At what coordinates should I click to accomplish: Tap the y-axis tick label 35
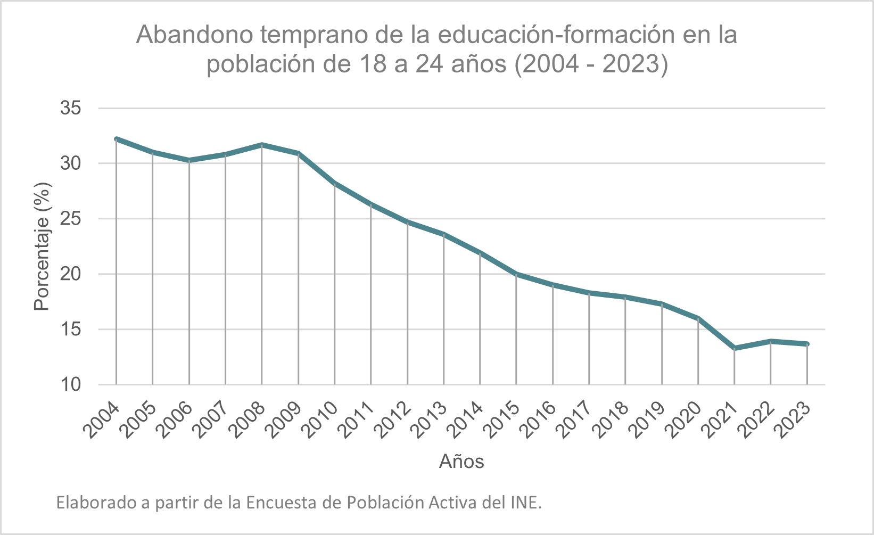click(71, 108)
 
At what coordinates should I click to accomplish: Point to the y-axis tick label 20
click(71, 274)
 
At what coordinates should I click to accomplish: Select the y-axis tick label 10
click(71, 385)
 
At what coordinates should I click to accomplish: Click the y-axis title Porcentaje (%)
click(42, 246)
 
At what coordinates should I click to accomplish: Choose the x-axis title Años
click(461, 461)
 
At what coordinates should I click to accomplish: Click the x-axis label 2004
click(102, 421)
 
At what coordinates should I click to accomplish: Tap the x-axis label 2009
click(284, 421)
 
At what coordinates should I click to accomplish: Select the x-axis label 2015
click(502, 421)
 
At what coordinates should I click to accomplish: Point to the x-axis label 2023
click(793, 421)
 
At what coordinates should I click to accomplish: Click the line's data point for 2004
click(116, 139)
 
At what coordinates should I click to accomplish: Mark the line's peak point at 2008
click(262, 145)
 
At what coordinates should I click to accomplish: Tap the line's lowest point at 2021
click(735, 348)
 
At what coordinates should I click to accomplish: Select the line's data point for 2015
click(516, 274)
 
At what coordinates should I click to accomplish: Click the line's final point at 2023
click(807, 344)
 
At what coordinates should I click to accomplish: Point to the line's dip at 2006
click(189, 160)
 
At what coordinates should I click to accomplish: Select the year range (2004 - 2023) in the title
click(591, 64)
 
